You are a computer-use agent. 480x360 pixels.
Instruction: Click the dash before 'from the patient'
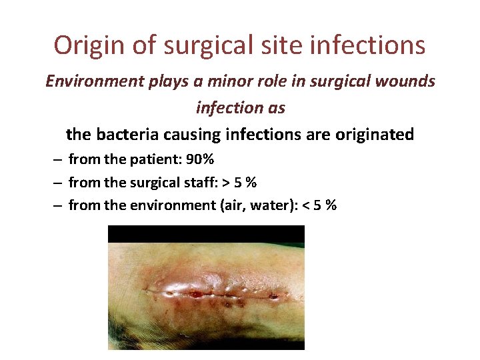pyautogui.click(x=58, y=161)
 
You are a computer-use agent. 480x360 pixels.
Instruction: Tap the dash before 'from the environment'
pyautogui.click(x=58, y=205)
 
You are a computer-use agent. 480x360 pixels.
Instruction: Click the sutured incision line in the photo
pyautogui.click(x=213, y=291)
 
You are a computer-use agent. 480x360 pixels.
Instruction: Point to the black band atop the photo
pyautogui.click(x=206, y=233)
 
